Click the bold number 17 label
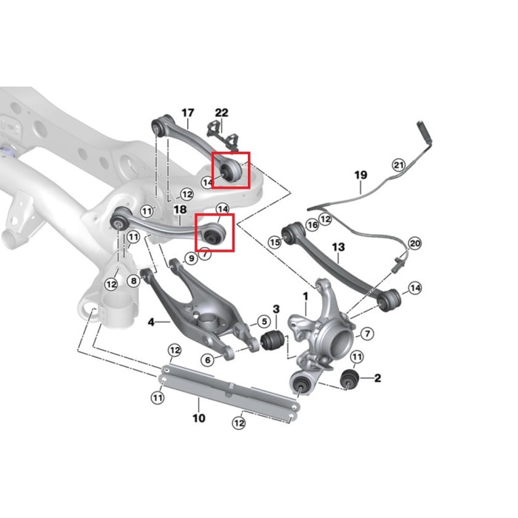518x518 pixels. pos(187,113)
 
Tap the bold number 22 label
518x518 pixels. pos(222,112)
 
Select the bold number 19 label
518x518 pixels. pos(360,175)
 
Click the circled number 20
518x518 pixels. pos(414,243)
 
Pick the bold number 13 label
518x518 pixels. pos(338,246)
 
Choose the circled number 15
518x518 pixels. pos(275,241)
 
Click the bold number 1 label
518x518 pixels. pos(305,297)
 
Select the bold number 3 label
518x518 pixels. pos(276,309)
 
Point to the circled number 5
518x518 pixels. pos(263,322)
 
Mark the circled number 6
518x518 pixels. pos(208,360)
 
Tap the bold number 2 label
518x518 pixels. pos(377,379)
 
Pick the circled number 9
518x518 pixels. pos(191,258)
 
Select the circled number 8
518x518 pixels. pos(133,280)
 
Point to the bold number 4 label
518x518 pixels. pos(151,322)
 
